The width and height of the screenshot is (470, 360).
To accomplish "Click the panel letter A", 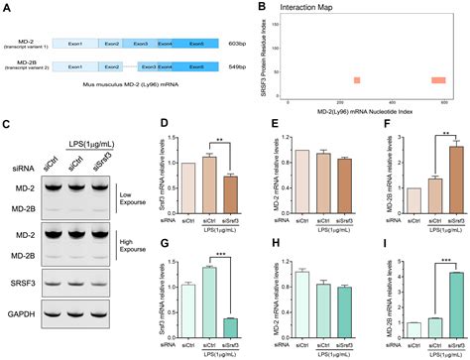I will coord(8,8).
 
